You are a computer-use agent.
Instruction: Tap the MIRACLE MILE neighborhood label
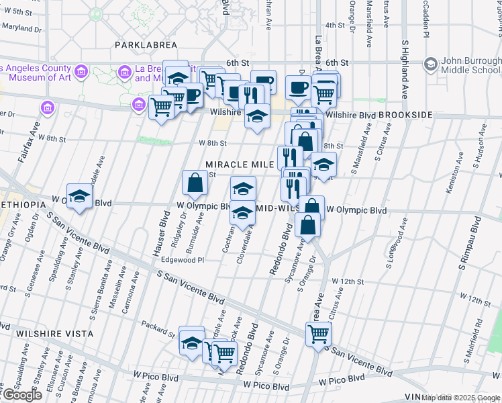240,165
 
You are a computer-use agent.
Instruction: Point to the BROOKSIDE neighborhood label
405,116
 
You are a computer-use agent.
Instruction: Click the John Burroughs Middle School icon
431,64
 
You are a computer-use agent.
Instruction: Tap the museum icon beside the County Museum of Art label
81,71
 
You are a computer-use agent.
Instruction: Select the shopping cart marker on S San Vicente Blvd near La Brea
318,332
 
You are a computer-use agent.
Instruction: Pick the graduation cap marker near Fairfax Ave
79,196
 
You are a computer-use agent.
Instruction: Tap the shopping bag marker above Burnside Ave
195,181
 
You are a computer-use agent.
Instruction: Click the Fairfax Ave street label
33,140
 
